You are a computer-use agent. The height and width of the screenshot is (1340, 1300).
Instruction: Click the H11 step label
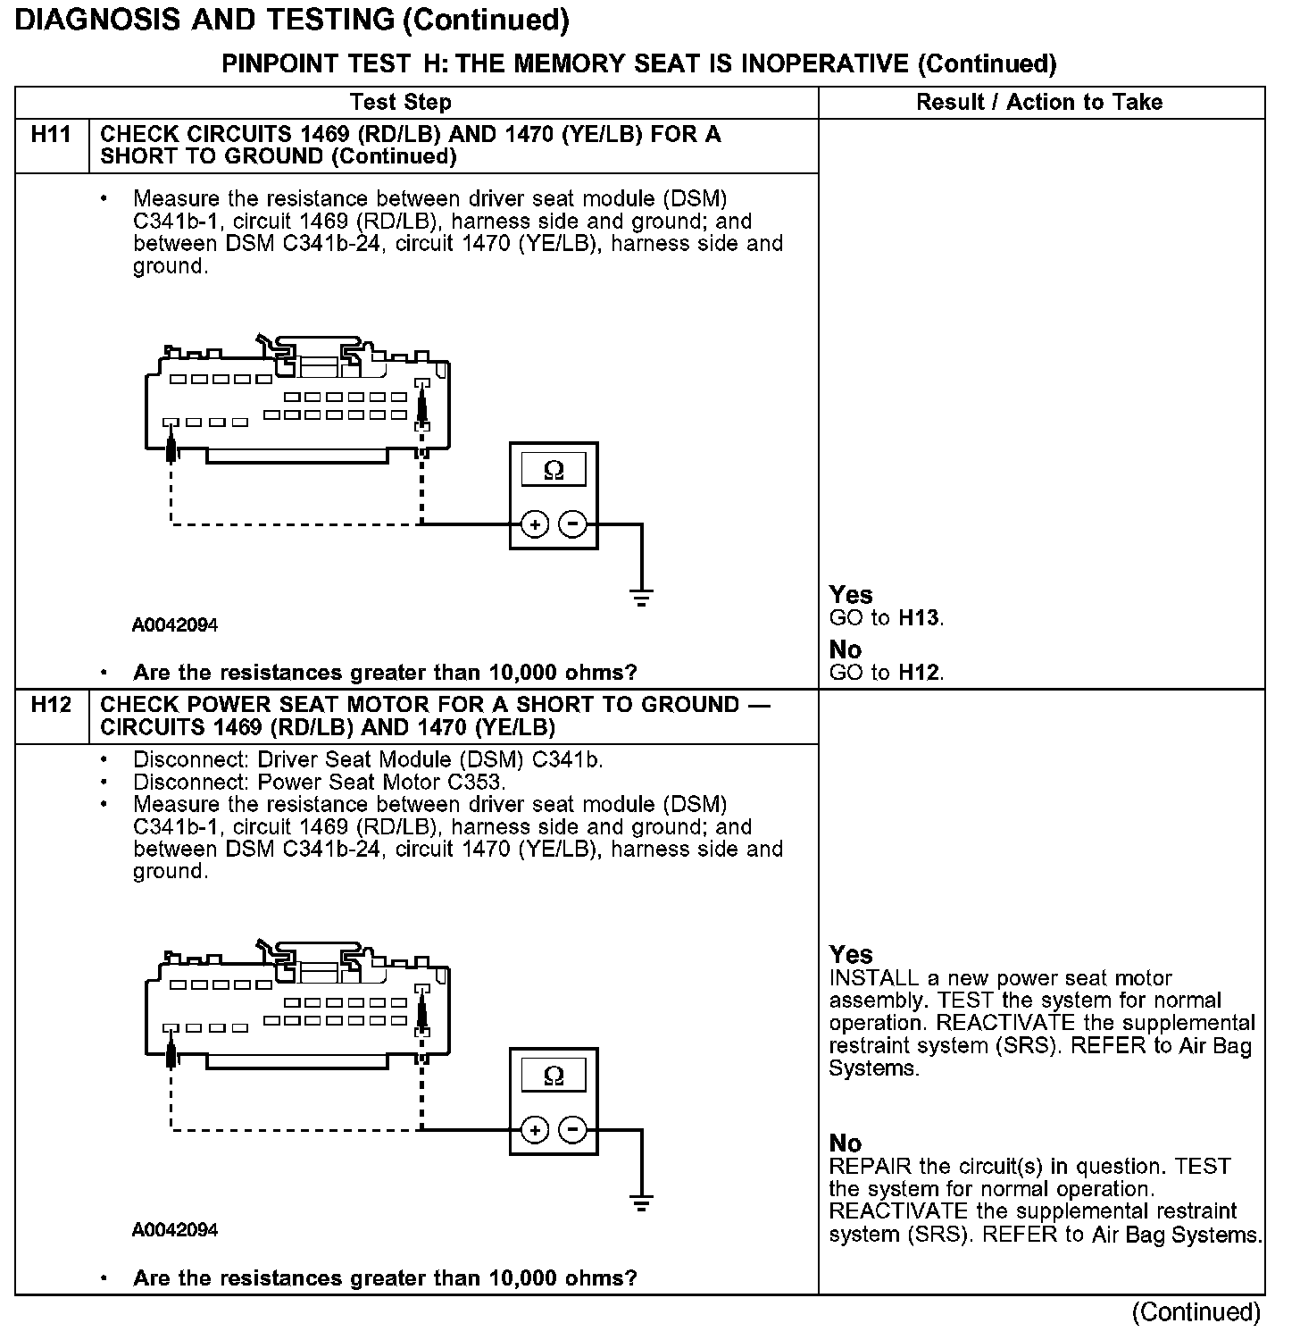51,135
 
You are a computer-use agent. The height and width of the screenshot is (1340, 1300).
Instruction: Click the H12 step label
51,705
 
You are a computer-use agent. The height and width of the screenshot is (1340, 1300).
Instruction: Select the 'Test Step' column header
401,103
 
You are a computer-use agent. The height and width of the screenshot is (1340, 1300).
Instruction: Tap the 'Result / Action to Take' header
1039,103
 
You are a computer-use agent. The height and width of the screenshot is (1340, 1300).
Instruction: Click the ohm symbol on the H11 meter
554,470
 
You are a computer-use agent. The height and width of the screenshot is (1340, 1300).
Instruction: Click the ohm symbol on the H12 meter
554,1076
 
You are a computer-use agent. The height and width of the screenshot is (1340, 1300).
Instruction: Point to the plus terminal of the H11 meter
534,524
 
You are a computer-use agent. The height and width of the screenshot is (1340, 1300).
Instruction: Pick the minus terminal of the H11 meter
573,524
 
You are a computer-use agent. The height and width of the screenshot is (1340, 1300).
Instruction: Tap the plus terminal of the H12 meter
534,1130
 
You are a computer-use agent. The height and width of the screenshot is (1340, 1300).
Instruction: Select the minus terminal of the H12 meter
573,1130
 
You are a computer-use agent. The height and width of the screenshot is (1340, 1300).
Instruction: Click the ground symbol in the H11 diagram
641,597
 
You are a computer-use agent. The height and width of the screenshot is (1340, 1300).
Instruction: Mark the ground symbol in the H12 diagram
641,1202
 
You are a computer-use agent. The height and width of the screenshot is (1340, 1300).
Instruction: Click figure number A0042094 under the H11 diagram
175,625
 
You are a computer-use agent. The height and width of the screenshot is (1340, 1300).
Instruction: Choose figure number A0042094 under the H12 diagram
175,1230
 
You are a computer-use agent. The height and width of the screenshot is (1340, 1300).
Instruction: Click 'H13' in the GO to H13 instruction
919,618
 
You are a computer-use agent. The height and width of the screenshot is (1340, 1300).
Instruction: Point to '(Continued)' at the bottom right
1196,1312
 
